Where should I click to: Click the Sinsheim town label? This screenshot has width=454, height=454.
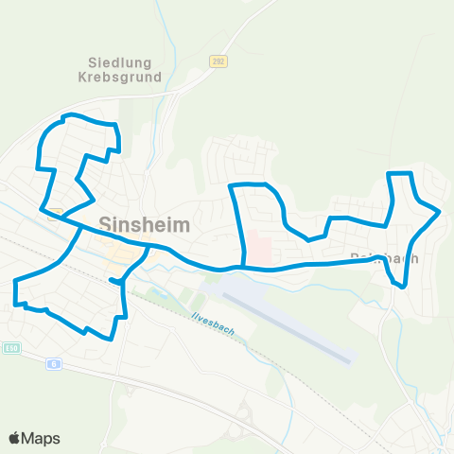point(144,225)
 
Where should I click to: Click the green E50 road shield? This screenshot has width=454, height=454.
point(10,348)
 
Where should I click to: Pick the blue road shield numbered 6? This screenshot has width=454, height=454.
point(54,363)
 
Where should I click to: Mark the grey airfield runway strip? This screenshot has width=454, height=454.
point(292,323)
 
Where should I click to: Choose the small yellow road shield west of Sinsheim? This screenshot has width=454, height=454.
point(55,212)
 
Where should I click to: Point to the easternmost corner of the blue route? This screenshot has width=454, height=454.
point(440,212)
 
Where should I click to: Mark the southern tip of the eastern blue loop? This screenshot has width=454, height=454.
point(404,285)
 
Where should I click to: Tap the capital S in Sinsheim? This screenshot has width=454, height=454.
point(105,225)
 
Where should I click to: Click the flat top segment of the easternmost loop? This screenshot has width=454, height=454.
point(401,173)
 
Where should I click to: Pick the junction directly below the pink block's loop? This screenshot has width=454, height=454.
point(245,268)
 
